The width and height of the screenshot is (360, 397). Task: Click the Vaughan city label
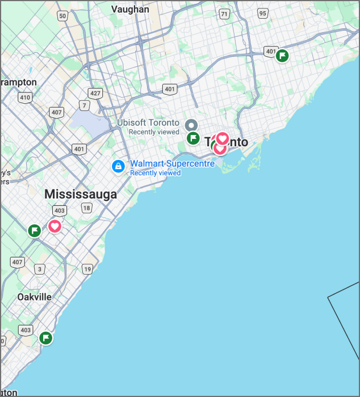coord(130,9)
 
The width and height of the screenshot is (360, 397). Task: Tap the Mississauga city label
coord(80,195)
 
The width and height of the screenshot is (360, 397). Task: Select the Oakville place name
coord(34,297)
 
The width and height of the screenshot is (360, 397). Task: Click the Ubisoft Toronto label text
coord(148,123)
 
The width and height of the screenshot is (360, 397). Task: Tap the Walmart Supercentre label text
coord(173,163)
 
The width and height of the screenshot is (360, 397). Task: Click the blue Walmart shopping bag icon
coord(118,167)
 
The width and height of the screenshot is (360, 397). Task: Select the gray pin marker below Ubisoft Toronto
coord(192,125)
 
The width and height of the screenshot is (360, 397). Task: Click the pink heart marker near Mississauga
coord(55,226)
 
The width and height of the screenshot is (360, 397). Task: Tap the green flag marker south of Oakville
coord(45,338)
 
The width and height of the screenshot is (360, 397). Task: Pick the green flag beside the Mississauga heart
coord(35,230)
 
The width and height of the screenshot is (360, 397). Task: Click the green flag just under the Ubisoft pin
coord(193,138)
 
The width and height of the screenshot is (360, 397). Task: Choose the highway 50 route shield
coord(62,16)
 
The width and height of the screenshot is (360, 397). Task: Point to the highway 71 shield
coord(224,14)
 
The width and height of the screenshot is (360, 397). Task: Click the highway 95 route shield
coord(262,14)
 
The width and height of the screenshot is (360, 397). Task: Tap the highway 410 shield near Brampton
coord(24,98)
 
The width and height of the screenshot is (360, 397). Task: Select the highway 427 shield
coord(95,93)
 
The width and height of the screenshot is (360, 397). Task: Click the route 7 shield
coord(85,105)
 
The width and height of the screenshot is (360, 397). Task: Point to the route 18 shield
coord(86,208)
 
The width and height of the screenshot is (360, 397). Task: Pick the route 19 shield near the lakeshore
coord(87,269)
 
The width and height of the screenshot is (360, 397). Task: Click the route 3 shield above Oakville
coord(39,269)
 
